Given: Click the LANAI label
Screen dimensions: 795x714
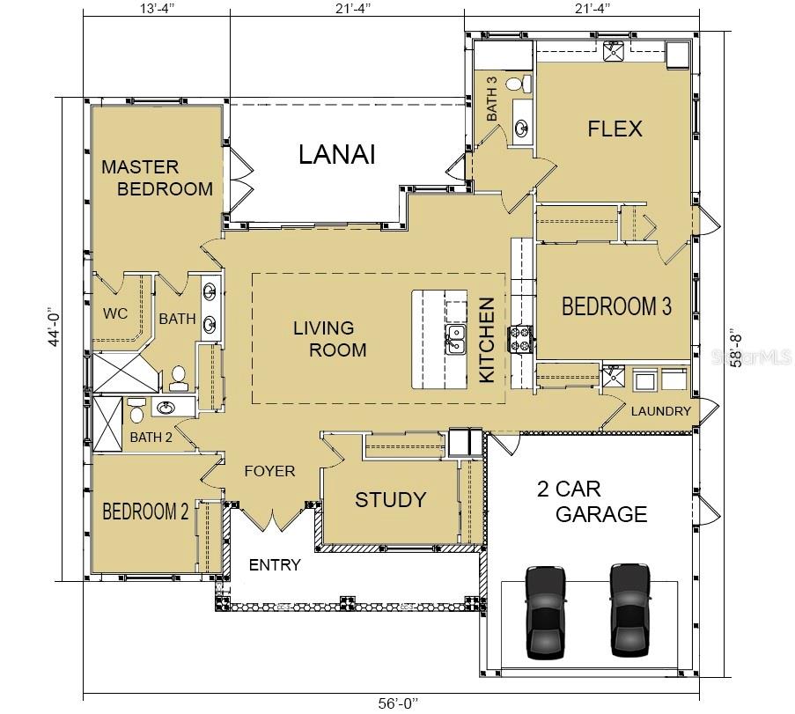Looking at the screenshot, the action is point(337,154).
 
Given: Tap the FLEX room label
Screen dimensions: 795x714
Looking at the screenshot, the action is point(615,129).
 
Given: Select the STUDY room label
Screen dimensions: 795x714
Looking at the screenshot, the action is point(390,499).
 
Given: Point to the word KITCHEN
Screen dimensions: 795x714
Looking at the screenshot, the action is point(487,340).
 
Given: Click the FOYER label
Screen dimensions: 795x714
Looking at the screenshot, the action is point(269,471).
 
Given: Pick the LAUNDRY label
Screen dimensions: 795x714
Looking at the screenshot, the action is point(660,411).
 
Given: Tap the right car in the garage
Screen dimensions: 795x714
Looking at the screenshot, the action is point(630,611).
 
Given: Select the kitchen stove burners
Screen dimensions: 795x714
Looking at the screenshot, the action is point(520,339).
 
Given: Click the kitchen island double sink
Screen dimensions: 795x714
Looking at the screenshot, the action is point(455,339).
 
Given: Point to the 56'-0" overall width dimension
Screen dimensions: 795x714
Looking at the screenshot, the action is point(399,703).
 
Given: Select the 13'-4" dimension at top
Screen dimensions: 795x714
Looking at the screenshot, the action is point(158,8).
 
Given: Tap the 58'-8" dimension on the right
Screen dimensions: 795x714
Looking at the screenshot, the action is point(736,349).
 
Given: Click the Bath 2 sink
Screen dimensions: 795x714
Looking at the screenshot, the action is point(165,408).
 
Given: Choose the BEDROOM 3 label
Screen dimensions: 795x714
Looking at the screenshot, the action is point(616,306).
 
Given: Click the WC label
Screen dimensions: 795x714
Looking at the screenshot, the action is point(115,313).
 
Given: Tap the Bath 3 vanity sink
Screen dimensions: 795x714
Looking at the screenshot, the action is point(521,127).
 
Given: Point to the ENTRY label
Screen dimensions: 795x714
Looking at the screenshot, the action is point(275,565).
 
